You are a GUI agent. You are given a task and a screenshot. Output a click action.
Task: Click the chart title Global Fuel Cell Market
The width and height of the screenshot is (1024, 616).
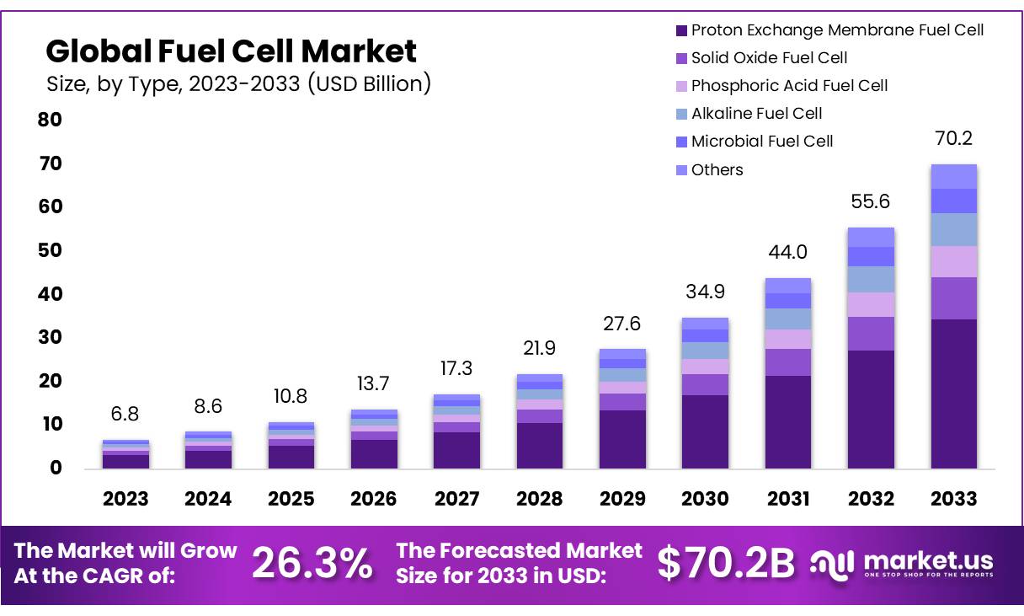pyautogui.click(x=231, y=51)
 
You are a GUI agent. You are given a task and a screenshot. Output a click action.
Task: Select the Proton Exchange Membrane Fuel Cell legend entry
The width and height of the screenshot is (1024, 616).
pyautogui.click(x=829, y=30)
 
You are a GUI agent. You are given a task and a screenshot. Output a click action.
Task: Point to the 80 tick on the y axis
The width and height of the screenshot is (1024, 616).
pyautogui.click(x=51, y=120)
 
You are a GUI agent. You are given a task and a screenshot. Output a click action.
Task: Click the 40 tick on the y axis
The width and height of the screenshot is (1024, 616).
pyautogui.click(x=51, y=294)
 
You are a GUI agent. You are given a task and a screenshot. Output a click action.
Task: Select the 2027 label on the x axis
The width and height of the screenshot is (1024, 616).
pyautogui.click(x=457, y=498)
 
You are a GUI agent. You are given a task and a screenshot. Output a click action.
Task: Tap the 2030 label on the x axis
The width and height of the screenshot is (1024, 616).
pyautogui.click(x=705, y=498)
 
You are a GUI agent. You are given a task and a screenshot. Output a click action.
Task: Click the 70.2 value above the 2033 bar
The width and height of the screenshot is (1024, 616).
pyautogui.click(x=953, y=139)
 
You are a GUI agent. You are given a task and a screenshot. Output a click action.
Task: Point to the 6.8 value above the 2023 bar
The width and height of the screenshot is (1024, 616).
pyautogui.click(x=125, y=414)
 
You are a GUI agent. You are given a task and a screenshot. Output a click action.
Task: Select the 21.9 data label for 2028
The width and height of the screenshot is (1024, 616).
pyautogui.click(x=540, y=348)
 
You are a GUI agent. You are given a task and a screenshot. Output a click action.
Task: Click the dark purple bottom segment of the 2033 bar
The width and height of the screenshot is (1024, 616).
pyautogui.click(x=953, y=394)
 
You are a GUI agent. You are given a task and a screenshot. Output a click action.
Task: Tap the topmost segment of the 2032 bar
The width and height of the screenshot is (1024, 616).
pyautogui.click(x=871, y=237)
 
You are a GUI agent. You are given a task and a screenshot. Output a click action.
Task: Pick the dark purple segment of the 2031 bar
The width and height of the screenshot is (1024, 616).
pyautogui.click(x=787, y=421)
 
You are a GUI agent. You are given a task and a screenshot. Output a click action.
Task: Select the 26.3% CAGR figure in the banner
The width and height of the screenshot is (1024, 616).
pyautogui.click(x=312, y=564)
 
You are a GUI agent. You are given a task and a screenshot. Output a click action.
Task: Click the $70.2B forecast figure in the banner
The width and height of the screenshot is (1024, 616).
pyautogui.click(x=725, y=564)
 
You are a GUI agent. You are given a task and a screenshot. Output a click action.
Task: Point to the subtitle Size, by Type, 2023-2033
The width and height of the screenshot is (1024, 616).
pyautogui.click(x=238, y=83)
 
